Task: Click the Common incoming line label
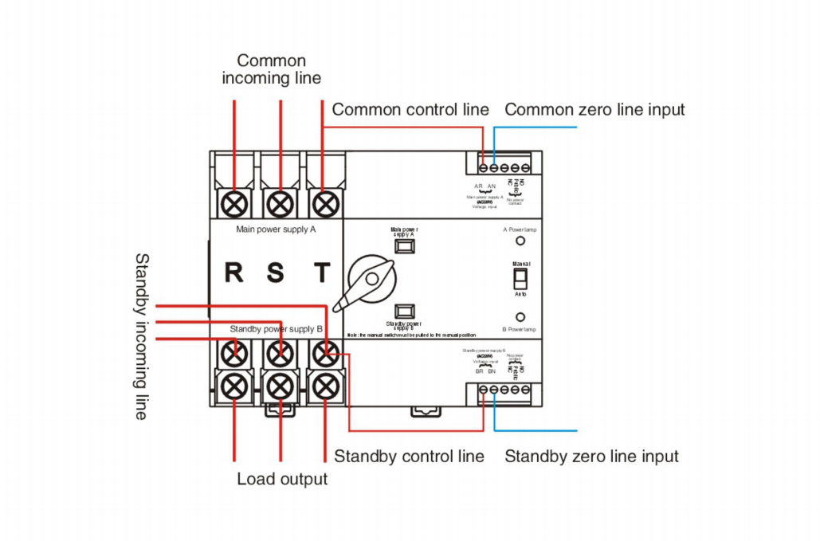tap(271, 69)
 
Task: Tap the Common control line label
tap(410, 110)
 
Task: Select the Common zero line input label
tap(594, 110)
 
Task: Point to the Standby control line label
tap(409, 457)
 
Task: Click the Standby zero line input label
tap(591, 457)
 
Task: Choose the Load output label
tap(282, 479)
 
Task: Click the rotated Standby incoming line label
tap(141, 336)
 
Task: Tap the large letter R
tap(233, 272)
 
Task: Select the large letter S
tap(276, 272)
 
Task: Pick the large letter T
tap(322, 272)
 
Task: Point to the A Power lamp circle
tap(520, 240)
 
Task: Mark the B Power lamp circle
tap(520, 316)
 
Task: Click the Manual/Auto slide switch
tap(520, 277)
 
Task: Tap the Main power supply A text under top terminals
tap(277, 229)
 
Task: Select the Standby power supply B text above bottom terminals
tap(276, 328)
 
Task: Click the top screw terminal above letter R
tap(234, 203)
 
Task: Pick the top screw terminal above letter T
tap(323, 203)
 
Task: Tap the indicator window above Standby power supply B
tap(404, 309)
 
